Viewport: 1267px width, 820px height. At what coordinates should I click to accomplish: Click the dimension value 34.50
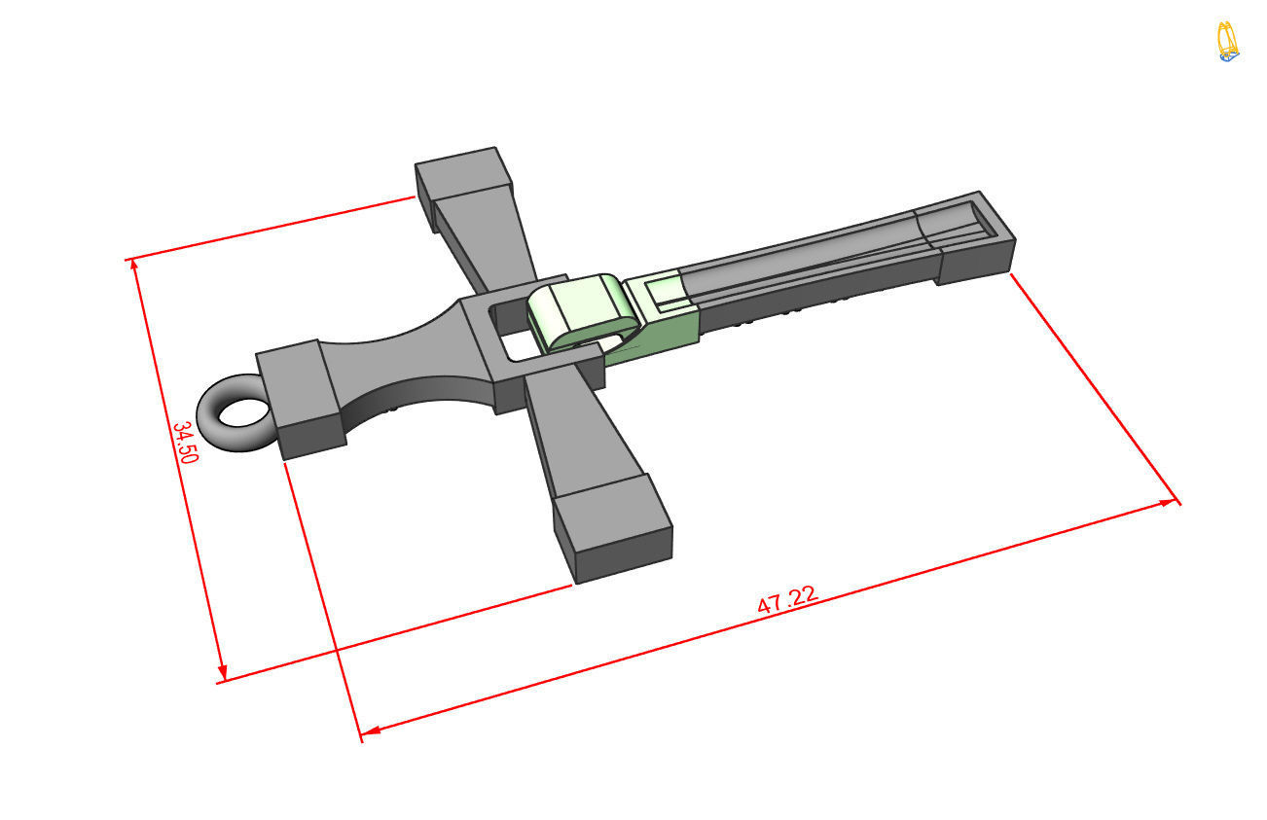click(185, 443)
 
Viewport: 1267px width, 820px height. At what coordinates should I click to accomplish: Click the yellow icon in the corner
click(1228, 42)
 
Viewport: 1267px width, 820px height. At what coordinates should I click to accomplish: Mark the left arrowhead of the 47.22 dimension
click(368, 730)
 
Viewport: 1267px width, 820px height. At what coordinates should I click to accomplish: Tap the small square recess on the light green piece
click(664, 290)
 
